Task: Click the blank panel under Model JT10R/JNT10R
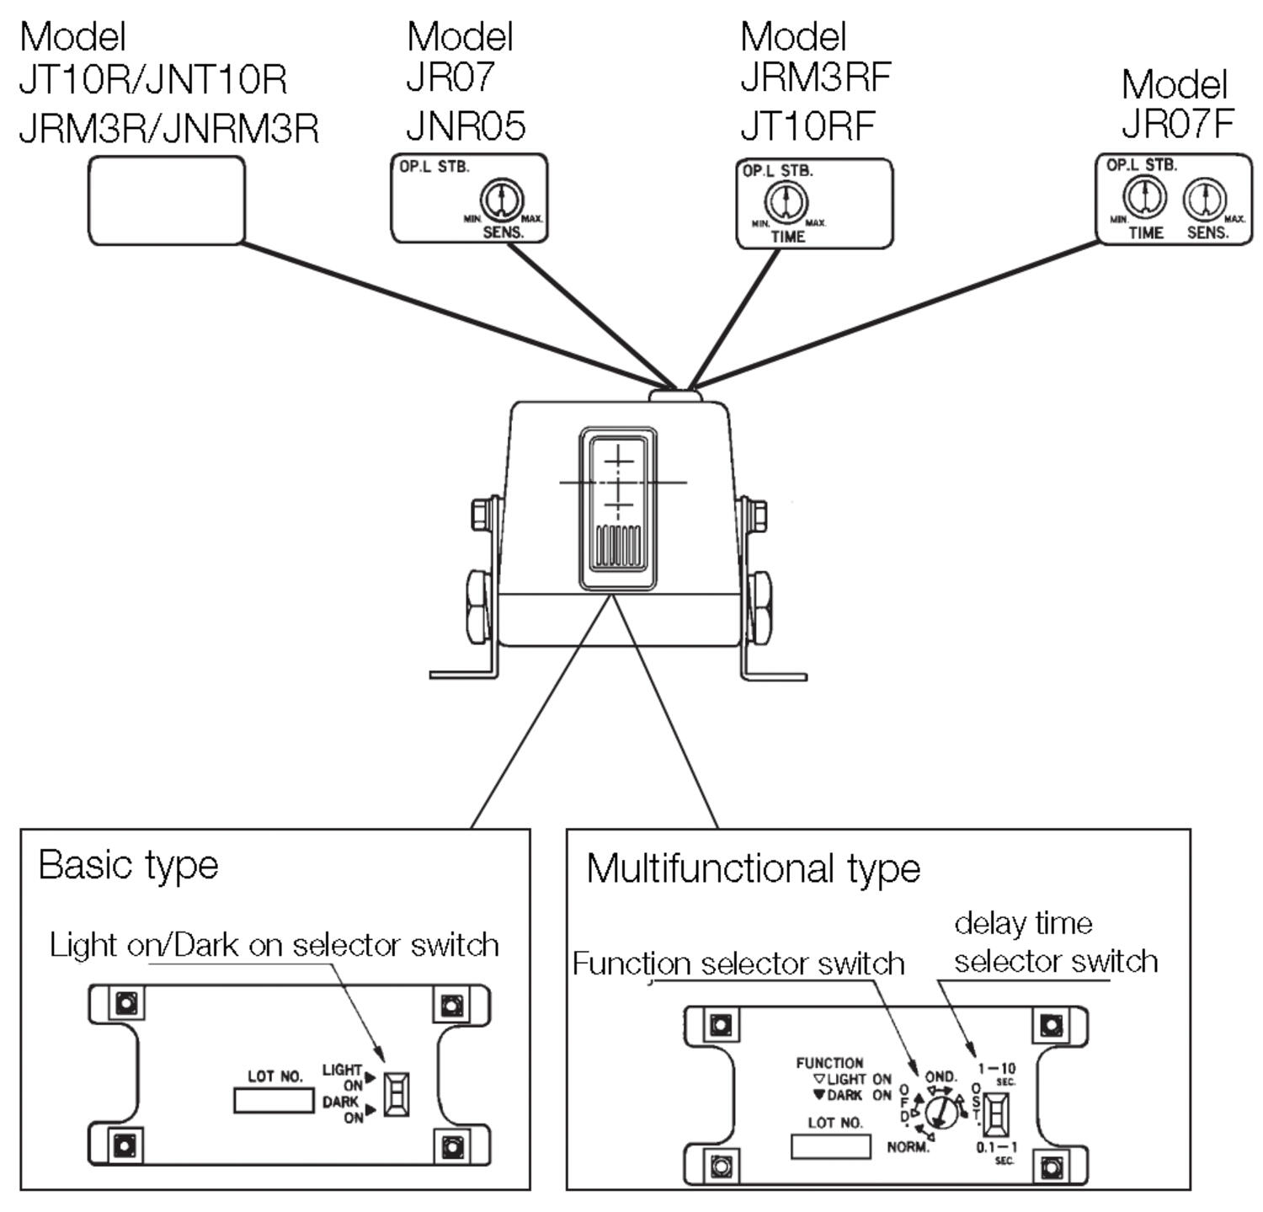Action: coord(167,200)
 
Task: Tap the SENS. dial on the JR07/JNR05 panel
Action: coord(502,200)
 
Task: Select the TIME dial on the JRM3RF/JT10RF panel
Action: coord(786,203)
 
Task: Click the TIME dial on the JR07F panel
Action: coord(1144,198)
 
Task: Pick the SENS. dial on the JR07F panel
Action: coord(1205,200)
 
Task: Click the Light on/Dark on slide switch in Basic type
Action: coord(397,1094)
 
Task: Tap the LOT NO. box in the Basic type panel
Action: coord(274,1100)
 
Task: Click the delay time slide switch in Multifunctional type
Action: coord(997,1114)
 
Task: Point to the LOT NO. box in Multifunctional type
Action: coord(830,1146)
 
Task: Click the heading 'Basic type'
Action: coord(129,866)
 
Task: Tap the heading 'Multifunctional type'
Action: coord(754,868)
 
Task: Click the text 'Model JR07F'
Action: coord(1177,104)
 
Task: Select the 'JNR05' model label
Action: coord(466,126)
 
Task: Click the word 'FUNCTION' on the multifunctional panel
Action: coord(829,1063)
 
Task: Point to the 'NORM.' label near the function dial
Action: coord(909,1147)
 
